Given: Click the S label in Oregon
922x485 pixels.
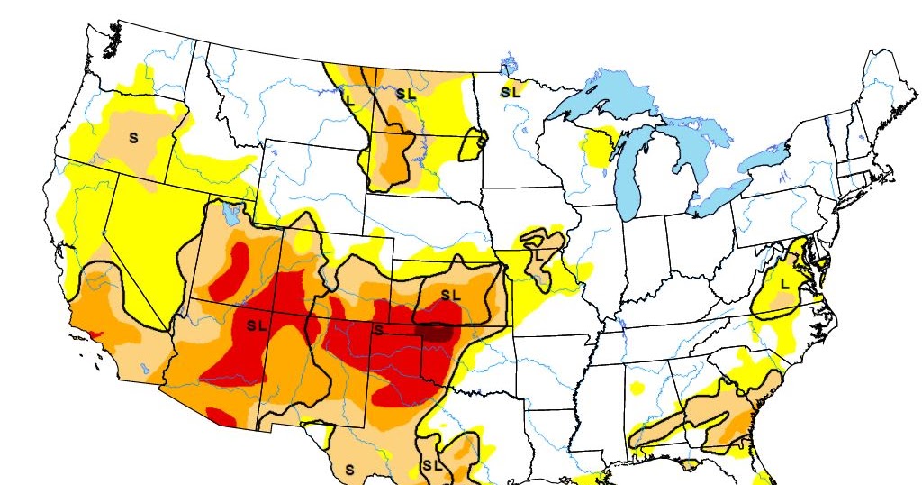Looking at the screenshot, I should tap(133, 138).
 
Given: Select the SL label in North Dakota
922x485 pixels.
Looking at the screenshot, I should tap(405, 93).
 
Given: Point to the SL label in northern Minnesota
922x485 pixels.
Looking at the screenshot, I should tap(510, 91).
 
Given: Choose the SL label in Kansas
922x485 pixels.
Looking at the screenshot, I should tap(450, 295).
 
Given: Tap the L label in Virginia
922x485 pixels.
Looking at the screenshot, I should tap(784, 283).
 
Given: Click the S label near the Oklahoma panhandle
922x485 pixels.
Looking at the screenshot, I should tap(379, 329).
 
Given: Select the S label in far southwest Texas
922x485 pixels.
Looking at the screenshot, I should tap(349, 470).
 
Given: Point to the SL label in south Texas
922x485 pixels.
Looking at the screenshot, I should tap(432, 466).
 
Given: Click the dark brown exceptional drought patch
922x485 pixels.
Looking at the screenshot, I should tap(437, 331).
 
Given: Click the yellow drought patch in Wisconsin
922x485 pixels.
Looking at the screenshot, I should tap(595, 146).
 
